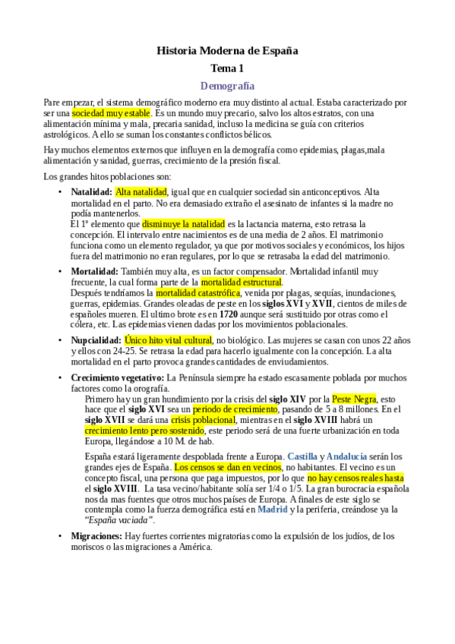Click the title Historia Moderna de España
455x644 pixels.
227,51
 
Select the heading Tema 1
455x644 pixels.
227,69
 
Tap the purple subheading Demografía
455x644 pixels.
227,86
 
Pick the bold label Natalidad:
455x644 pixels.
91,193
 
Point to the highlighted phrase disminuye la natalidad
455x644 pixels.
183,224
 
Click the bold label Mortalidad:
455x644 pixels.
93,271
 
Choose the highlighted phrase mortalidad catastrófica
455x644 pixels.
197,292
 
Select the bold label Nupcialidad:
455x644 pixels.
96,340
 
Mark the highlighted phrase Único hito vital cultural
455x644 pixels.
168,340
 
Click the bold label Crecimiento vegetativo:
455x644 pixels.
117,377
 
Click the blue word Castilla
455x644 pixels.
303,456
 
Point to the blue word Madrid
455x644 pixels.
273,510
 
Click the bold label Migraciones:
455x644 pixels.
96,536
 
